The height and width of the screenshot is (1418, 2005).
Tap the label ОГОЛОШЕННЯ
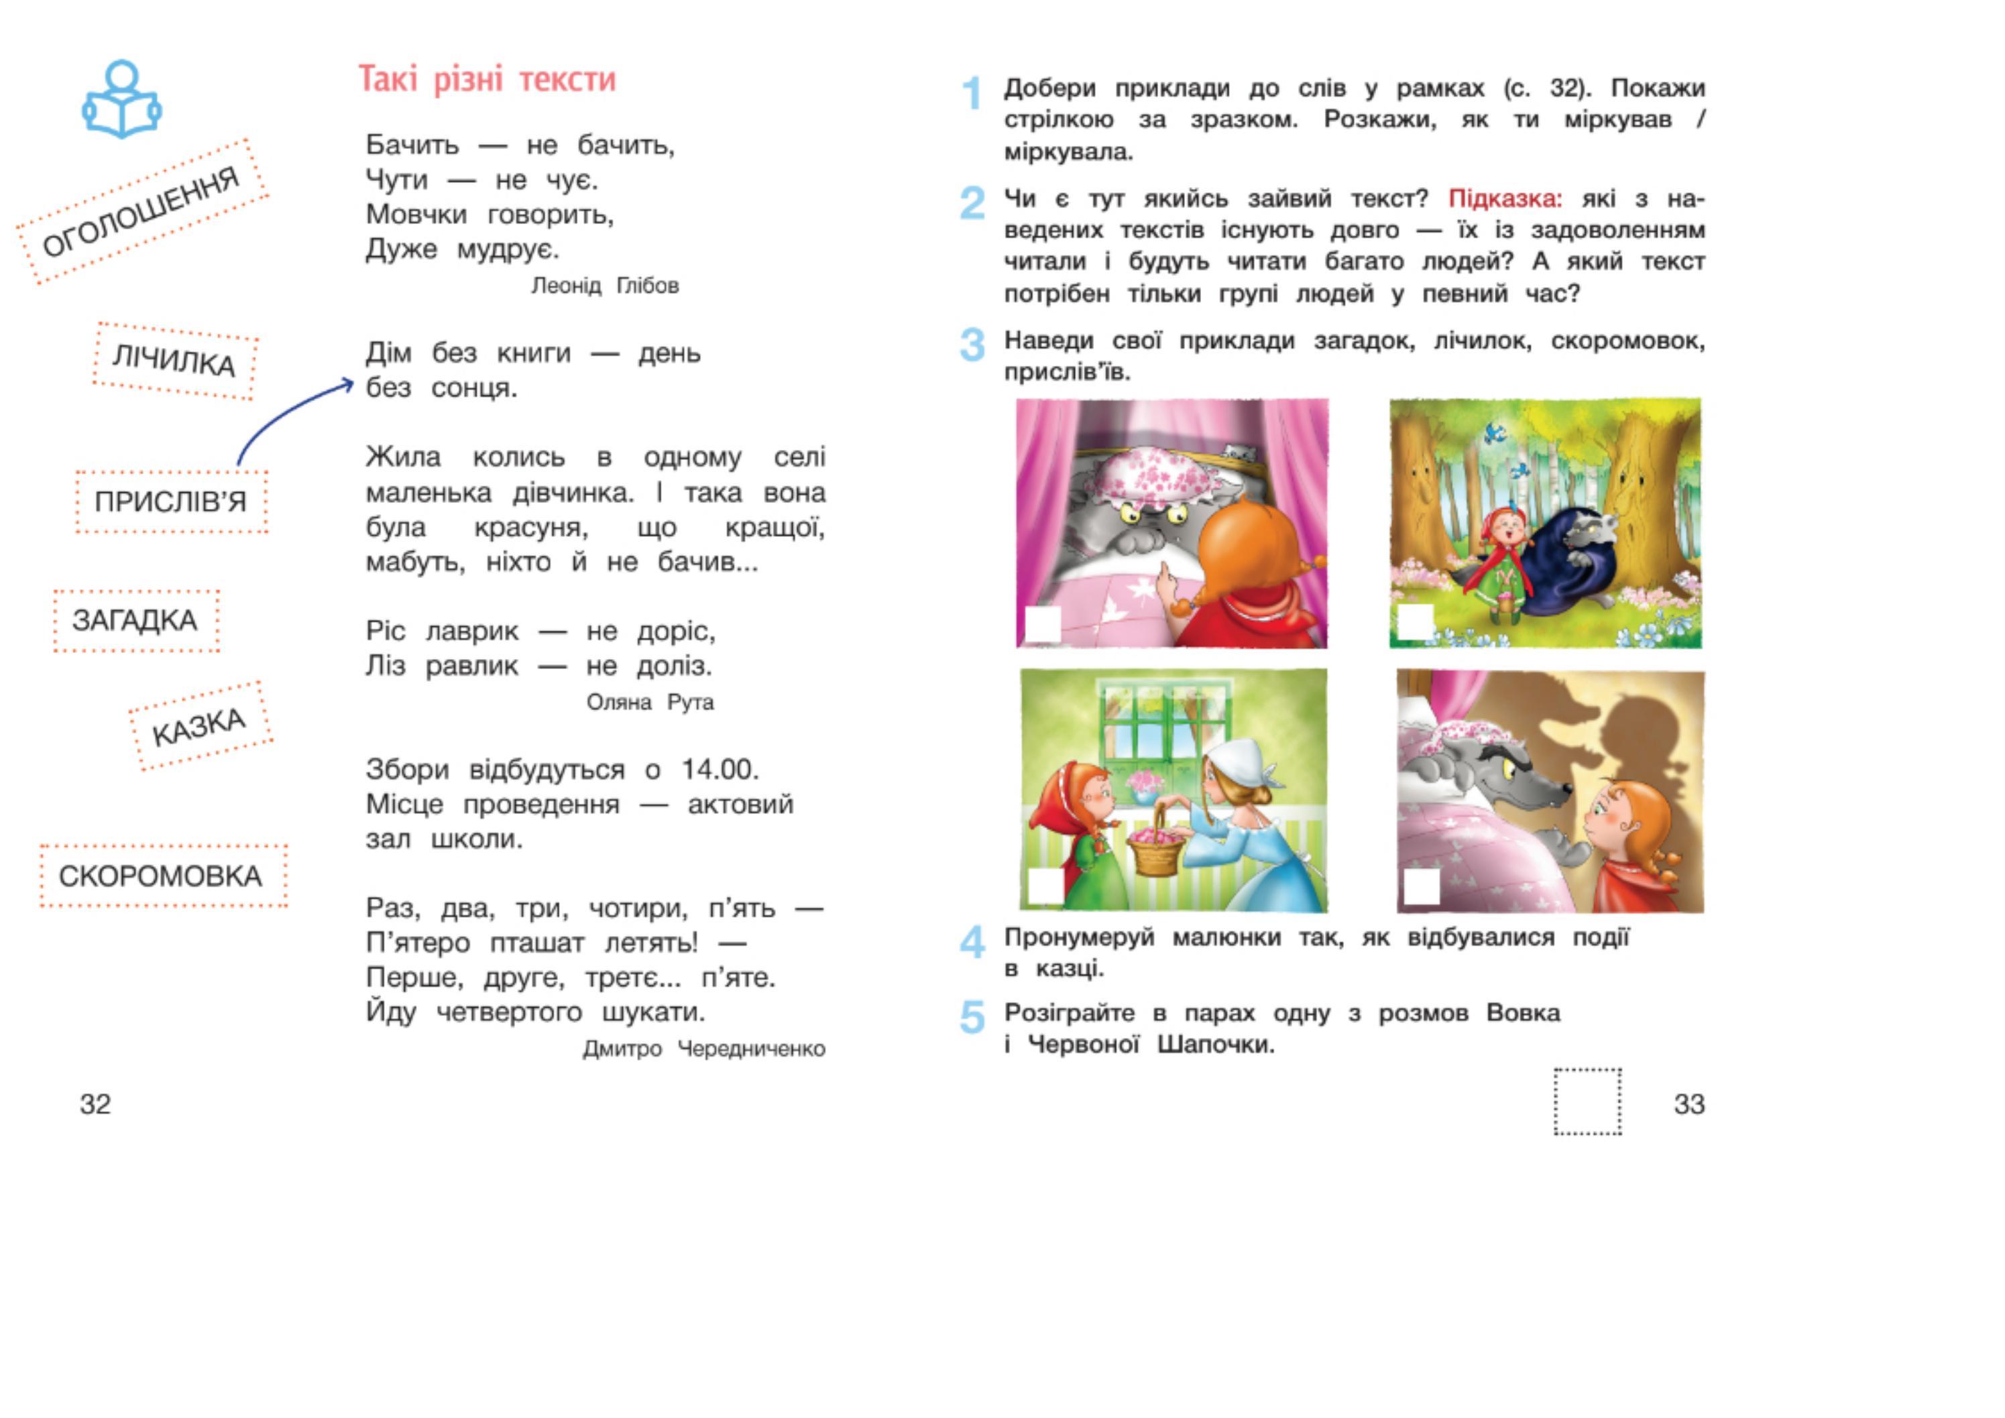click(141, 211)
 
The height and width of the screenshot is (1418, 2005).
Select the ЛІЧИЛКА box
click(174, 361)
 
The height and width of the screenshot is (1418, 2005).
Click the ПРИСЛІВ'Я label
click(171, 502)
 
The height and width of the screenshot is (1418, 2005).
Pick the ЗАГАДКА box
click(135, 621)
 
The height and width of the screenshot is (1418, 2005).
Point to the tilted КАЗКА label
click(200, 727)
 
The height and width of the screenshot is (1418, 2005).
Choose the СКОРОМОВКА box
click(162, 876)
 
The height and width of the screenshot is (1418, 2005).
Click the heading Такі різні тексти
click(488, 80)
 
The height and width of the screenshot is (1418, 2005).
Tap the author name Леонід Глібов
click(604, 286)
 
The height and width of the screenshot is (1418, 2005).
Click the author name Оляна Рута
click(650, 702)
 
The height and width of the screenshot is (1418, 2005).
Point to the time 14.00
click(720, 769)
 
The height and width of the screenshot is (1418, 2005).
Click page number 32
click(95, 1104)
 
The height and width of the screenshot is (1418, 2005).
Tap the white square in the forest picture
click(1416, 622)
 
